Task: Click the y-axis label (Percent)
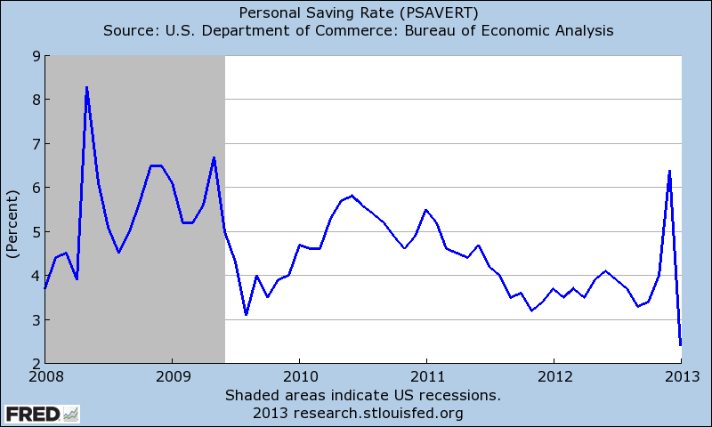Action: [12, 210]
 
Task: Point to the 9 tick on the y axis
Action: [34, 56]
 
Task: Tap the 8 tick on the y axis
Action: [34, 100]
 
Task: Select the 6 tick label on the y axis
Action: [34, 188]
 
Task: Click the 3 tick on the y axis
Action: [34, 319]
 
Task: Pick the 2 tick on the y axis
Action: [34, 364]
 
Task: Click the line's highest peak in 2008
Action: [86, 87]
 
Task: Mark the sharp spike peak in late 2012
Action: [669, 171]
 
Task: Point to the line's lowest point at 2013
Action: [680, 345]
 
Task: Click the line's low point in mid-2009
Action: [246, 315]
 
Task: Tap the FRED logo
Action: [42, 414]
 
